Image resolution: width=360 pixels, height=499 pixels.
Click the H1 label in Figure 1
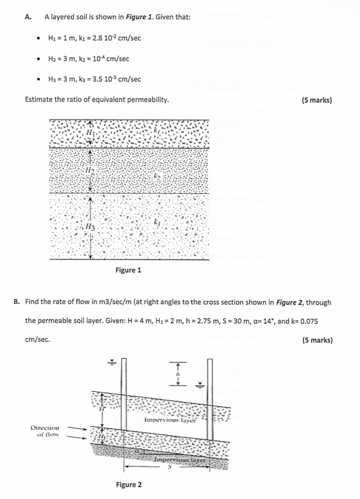pyautogui.click(x=91, y=132)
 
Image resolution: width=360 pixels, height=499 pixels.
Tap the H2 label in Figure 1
pyautogui.click(x=90, y=171)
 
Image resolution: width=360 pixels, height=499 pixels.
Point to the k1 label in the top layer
pyautogui.click(x=158, y=130)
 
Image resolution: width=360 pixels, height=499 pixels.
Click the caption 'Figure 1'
pyautogui.click(x=128, y=270)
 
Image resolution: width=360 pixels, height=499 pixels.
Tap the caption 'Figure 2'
pyautogui.click(x=128, y=485)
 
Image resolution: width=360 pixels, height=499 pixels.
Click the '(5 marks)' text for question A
pyautogui.click(x=317, y=100)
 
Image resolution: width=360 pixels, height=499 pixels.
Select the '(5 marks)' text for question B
pyautogui.click(x=317, y=340)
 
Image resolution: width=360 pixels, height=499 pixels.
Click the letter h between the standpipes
pyautogui.click(x=178, y=373)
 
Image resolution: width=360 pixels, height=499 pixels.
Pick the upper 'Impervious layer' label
pyautogui.click(x=170, y=420)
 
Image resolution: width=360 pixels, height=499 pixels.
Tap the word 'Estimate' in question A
pyautogui.click(x=42, y=100)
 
